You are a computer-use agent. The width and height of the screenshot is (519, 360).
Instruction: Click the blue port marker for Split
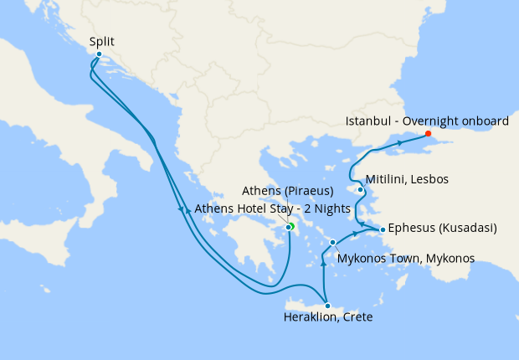click(x=99, y=54)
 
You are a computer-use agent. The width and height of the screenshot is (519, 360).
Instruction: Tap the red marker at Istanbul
click(x=428, y=133)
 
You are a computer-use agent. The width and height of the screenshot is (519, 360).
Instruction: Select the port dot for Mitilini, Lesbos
click(x=360, y=189)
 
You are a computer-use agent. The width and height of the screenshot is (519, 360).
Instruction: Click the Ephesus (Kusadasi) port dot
click(x=383, y=229)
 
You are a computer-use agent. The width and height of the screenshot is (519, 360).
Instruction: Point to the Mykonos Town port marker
click(x=333, y=243)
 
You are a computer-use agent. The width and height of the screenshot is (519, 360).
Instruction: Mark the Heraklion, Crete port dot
click(x=327, y=306)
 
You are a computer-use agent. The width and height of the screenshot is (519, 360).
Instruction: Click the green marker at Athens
click(x=291, y=226)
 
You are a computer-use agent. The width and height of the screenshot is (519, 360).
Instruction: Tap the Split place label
click(x=101, y=40)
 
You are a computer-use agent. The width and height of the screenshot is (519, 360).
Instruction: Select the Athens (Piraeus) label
click(x=288, y=190)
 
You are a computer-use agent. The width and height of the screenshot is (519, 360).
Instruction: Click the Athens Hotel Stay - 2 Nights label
click(x=266, y=209)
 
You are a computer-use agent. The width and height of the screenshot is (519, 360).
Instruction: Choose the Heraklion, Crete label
click(x=326, y=318)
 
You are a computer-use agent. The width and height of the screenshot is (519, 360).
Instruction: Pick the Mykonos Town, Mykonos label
click(x=405, y=258)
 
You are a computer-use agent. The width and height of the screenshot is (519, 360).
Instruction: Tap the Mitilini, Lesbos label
click(x=407, y=180)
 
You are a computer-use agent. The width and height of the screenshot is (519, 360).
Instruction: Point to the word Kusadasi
click(x=470, y=228)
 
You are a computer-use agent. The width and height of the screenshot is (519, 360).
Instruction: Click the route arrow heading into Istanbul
click(x=400, y=144)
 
